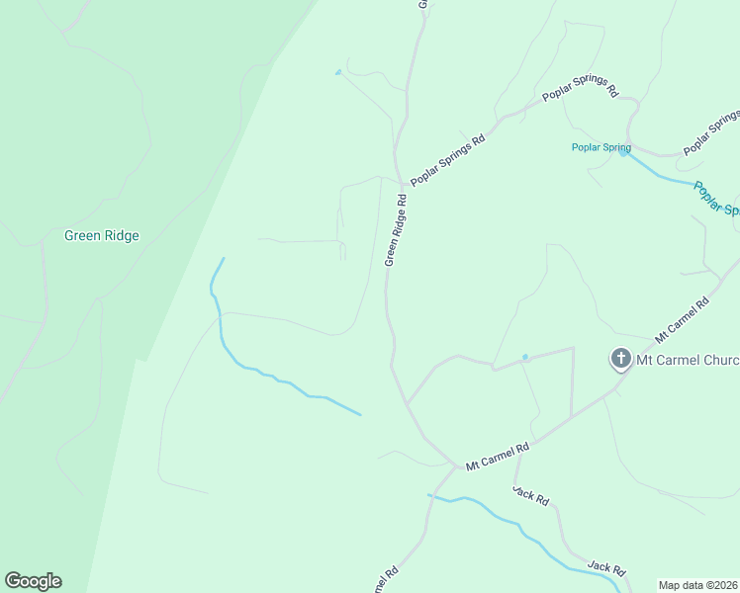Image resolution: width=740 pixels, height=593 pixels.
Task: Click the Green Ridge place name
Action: tap(101, 236)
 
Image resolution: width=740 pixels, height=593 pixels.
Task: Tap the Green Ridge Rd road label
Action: tap(396, 229)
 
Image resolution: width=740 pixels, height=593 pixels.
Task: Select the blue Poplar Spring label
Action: tap(601, 148)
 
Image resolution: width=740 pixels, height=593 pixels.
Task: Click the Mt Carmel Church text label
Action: tap(687, 360)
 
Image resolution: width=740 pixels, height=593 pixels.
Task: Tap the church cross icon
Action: tap(620, 359)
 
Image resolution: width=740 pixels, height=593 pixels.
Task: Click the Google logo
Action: tap(33, 581)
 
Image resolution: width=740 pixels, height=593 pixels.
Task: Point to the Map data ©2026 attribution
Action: tap(698, 585)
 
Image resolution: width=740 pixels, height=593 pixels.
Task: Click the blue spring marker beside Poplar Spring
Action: tap(622, 151)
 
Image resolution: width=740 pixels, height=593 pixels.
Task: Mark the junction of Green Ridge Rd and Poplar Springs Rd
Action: tap(401, 184)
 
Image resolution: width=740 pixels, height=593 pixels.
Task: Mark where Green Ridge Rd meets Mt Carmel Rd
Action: tap(456, 466)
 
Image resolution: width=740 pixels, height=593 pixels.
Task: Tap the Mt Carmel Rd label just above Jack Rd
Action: tap(498, 455)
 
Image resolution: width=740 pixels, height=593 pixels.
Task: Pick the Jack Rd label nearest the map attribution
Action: tap(606, 568)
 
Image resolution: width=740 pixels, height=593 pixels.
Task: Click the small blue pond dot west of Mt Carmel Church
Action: tap(524, 357)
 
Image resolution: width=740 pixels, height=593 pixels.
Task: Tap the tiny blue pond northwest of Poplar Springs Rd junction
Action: tap(338, 72)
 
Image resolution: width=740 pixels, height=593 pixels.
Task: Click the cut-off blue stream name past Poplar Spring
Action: tap(715, 198)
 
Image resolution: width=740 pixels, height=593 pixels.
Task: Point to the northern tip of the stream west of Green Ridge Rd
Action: tap(224, 259)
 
